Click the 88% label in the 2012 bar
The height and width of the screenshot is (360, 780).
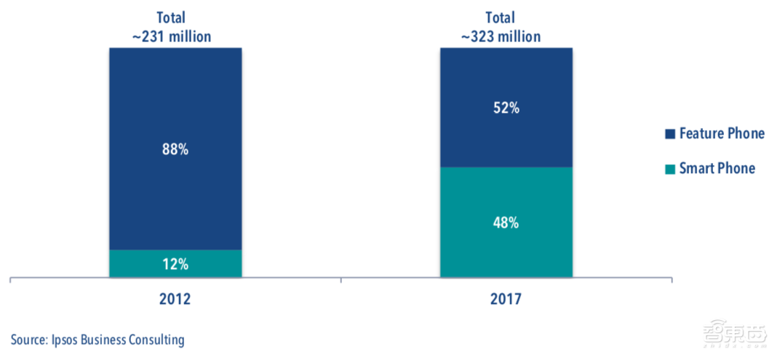(x=175, y=150)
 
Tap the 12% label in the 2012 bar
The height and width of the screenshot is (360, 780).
(x=175, y=264)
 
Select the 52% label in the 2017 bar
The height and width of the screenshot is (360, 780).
(x=506, y=108)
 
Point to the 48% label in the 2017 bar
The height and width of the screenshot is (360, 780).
(x=506, y=223)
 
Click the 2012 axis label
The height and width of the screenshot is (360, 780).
(x=175, y=299)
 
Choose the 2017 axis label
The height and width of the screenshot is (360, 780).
(x=506, y=299)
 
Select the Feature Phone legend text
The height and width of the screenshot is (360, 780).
(x=722, y=134)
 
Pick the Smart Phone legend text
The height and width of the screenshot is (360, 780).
(x=717, y=169)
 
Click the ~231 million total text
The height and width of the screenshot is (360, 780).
(x=175, y=36)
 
